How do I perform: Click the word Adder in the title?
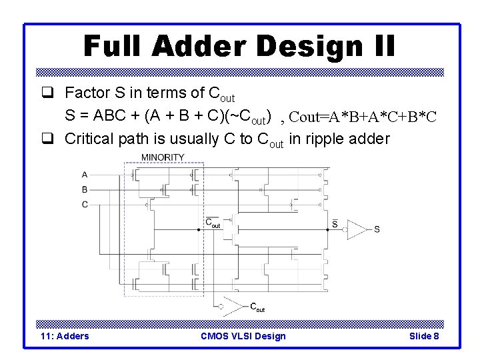201,46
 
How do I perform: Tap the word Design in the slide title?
305,46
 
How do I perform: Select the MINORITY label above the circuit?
163,157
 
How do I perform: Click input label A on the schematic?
85,175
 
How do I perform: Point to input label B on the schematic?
85,189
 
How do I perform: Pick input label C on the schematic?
85,205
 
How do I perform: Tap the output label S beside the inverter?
377,229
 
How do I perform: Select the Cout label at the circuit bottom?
257,307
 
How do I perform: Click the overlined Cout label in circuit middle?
212,223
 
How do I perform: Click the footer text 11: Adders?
65,336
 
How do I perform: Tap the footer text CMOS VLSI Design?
243,336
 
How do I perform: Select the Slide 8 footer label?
424,336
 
